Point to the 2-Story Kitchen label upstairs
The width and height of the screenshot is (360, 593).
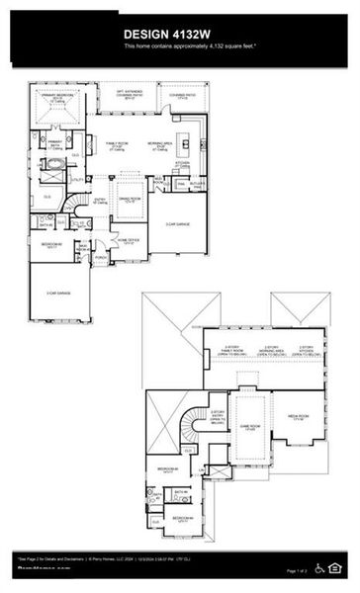pyautogui.click(x=308, y=350)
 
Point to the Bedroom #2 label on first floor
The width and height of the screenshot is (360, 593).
pyautogui.click(x=51, y=244)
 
